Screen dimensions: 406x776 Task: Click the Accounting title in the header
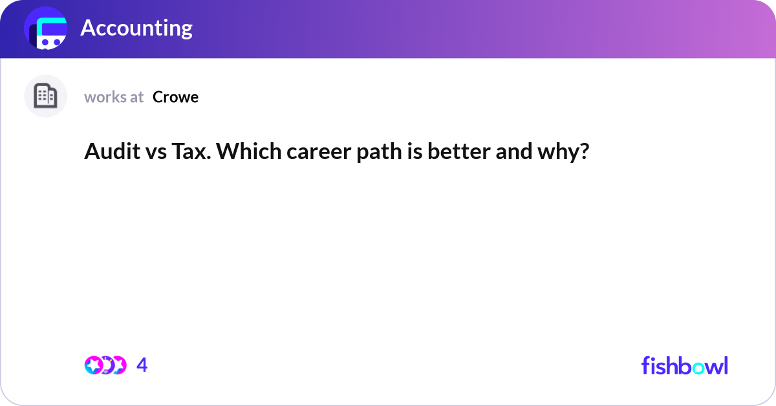136,28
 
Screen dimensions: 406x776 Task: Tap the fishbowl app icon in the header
46,29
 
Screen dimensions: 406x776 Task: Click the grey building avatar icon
45,96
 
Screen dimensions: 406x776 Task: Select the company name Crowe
175,97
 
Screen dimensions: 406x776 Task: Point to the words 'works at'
114,97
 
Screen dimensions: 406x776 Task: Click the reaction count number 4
142,365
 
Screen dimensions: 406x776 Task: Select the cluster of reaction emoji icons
105,365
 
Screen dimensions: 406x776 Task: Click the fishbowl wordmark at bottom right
684,365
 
